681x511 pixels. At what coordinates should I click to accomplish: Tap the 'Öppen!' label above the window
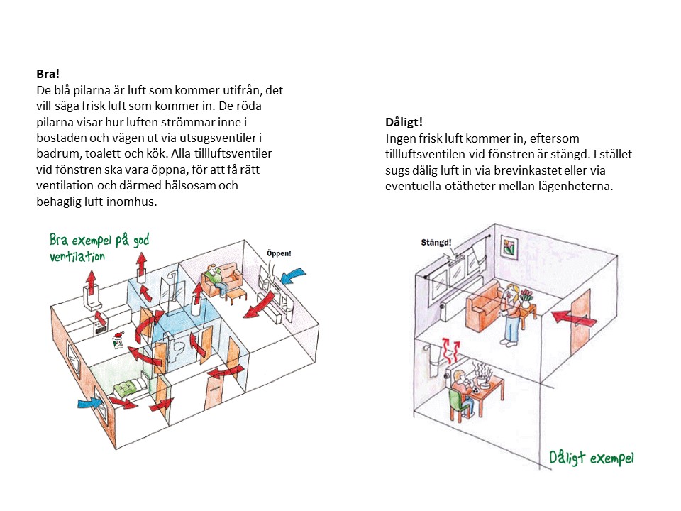pyautogui.click(x=279, y=253)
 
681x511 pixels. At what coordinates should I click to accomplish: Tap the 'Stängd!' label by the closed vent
pyautogui.click(x=436, y=243)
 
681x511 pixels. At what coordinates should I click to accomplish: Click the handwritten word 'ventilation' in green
pyautogui.click(x=77, y=256)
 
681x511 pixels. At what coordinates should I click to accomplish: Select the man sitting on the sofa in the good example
pyautogui.click(x=216, y=277)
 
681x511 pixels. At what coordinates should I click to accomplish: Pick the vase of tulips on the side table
pyautogui.click(x=526, y=297)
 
